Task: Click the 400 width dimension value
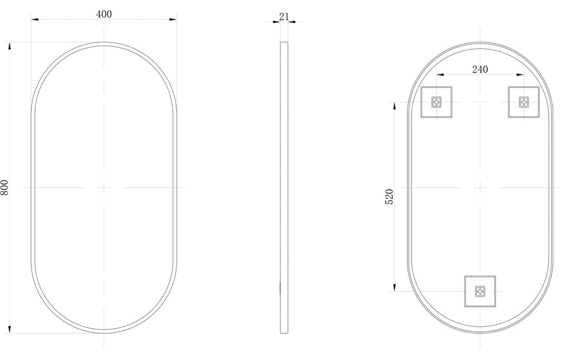[x=104, y=14]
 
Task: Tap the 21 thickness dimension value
[x=284, y=16]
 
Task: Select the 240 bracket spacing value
[x=480, y=69]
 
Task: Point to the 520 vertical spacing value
[x=389, y=196]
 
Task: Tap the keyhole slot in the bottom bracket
[x=480, y=291]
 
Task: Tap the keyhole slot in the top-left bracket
[x=437, y=102]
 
